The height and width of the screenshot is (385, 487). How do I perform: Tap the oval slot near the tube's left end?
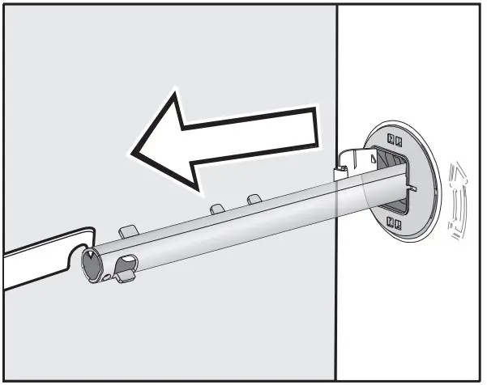pos(126,264)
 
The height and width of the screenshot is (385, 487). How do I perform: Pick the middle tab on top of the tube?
pos(217,209)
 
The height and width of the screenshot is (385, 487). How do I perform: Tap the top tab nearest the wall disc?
pos(254,198)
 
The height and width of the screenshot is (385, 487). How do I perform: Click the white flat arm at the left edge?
pos(32,267)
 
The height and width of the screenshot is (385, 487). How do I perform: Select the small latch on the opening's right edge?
pos(412,189)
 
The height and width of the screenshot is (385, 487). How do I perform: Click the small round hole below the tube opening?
pos(106,278)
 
